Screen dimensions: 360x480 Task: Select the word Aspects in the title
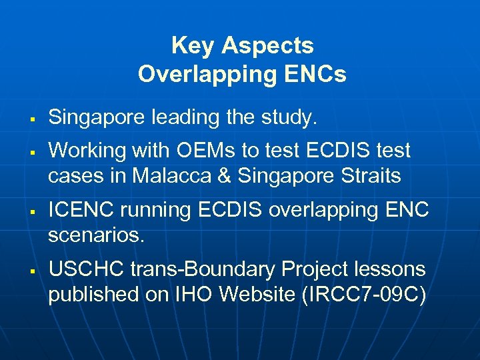(x=268, y=46)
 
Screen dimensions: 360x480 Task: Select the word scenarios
(x=96, y=236)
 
